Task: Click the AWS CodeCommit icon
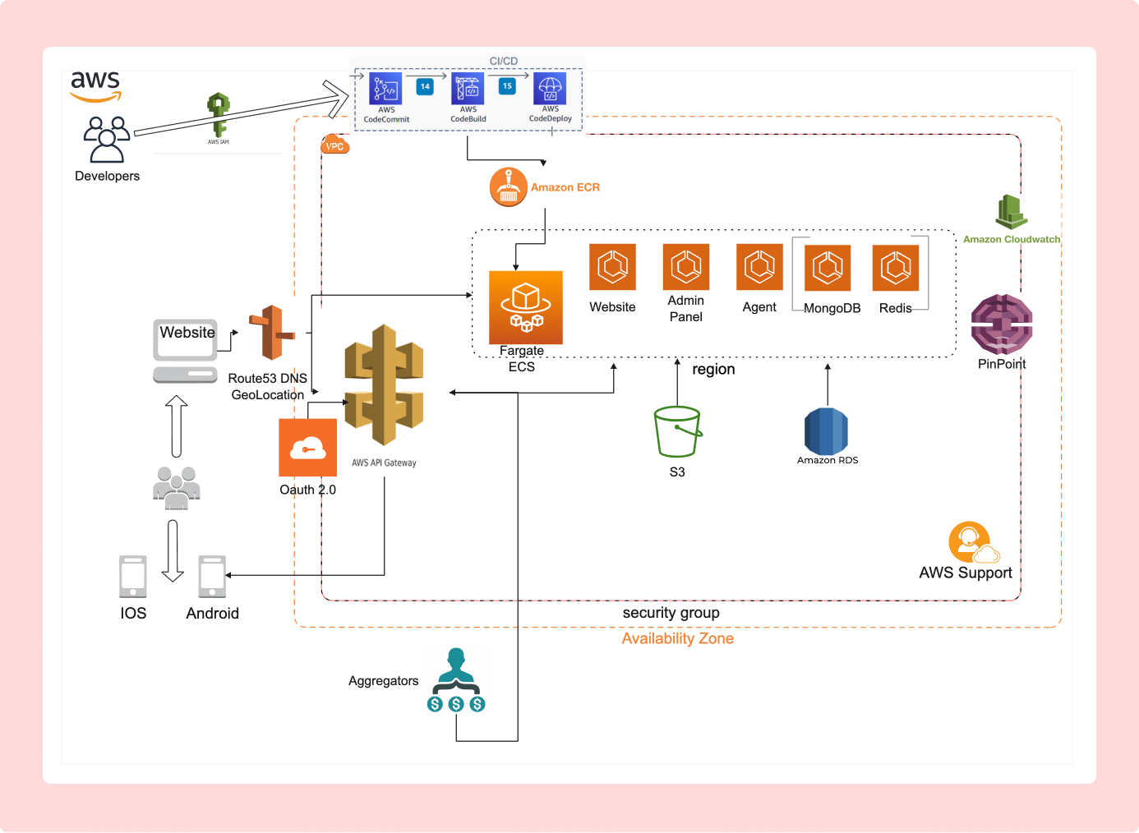[385, 89]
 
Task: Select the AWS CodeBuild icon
[468, 89]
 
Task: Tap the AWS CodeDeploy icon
[550, 89]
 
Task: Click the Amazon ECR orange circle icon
[508, 187]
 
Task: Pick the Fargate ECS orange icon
[526, 307]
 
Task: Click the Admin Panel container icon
[686, 267]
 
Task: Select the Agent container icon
[759, 267]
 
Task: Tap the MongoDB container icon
[828, 268]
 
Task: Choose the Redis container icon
[896, 268]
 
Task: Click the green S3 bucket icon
[677, 432]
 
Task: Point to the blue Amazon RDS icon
[826, 431]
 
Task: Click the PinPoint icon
[1002, 324]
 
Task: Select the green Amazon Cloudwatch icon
[1012, 213]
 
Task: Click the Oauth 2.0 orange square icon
[307, 448]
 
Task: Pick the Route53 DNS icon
[272, 333]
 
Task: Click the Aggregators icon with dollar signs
[456, 680]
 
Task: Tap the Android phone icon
[212, 577]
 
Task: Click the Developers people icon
[107, 139]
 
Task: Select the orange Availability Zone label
[677, 638]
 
